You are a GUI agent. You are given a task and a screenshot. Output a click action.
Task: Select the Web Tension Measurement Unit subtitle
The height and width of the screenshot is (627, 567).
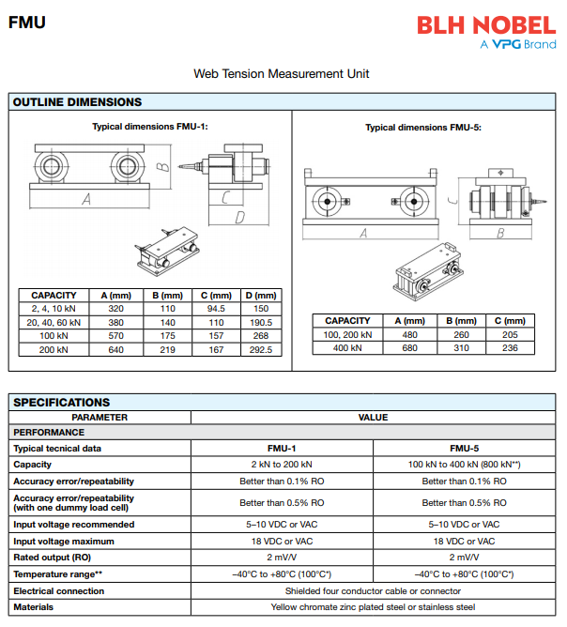pos(282,73)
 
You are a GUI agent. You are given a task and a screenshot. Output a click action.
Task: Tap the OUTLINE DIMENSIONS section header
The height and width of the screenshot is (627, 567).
pos(78,102)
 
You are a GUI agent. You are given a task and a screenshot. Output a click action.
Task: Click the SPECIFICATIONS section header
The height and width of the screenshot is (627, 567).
pos(62,403)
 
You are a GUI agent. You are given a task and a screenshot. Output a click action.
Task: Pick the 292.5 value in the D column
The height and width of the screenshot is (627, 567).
pos(261,349)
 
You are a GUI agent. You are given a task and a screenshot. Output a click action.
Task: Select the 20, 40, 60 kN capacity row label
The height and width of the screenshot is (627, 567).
pos(54,322)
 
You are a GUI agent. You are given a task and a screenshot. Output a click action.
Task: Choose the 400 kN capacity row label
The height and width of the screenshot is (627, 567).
pos(347,347)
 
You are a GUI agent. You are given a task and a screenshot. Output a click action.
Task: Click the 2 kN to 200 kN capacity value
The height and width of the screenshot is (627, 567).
pos(282,464)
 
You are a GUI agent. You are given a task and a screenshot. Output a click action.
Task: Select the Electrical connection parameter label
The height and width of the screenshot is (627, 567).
pos(59,591)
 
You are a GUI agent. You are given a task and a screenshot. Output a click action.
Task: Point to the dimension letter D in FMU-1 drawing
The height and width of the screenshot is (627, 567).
pos(239,218)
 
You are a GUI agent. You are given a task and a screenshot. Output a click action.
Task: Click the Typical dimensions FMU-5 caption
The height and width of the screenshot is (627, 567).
pos(423,128)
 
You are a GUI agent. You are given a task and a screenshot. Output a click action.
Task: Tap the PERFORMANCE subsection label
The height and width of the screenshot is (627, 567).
pos(49,433)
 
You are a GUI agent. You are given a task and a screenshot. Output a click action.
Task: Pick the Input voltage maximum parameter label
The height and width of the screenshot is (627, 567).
pos(64,541)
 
